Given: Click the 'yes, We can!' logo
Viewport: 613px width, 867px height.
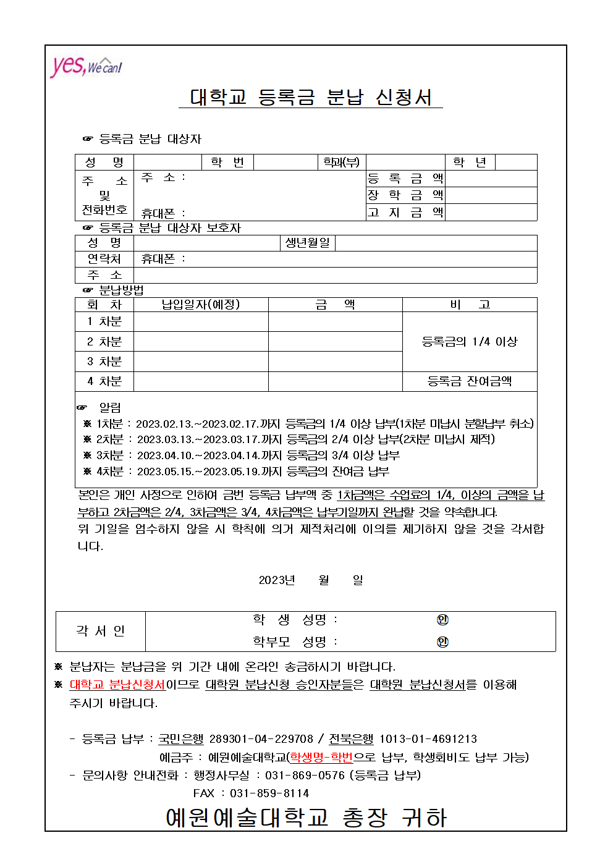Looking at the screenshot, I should [86, 66].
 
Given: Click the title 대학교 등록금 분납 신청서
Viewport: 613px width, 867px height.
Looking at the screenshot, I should [311, 97].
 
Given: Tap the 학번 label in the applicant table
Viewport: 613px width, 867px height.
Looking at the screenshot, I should [227, 162].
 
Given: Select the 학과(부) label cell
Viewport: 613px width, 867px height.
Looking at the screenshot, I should [341, 162].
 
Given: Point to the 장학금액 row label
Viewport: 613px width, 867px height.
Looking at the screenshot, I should [405, 195].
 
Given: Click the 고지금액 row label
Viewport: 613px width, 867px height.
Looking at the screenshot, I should [405, 213].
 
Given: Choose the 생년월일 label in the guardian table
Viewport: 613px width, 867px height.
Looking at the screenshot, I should [308, 243].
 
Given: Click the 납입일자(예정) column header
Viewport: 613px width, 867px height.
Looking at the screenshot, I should [201, 305].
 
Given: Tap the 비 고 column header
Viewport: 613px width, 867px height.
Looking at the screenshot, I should [470, 305].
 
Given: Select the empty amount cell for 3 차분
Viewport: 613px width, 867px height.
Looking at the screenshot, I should [335, 362].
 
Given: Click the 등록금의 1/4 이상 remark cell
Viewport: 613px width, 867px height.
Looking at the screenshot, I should [470, 342].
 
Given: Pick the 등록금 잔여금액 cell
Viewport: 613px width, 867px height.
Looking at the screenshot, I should [470, 381].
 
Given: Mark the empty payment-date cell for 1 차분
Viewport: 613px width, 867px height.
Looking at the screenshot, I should [201, 321].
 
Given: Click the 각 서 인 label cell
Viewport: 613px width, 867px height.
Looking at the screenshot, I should [100, 631].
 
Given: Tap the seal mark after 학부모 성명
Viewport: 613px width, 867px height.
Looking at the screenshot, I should [442, 642].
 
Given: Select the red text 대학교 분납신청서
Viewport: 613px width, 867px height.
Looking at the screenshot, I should [117, 685].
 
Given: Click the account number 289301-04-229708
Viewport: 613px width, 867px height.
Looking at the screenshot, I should [261, 739].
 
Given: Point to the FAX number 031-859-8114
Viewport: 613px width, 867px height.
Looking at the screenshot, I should [269, 793].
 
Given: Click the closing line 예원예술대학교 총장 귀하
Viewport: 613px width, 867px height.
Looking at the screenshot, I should [306, 818].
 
